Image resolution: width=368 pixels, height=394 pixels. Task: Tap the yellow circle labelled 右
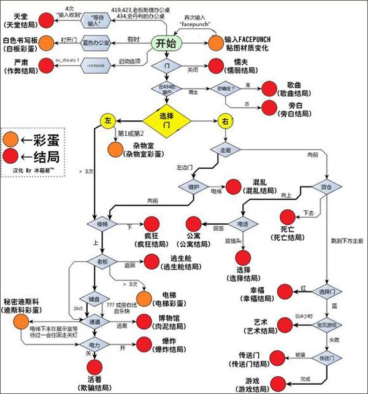(224, 121)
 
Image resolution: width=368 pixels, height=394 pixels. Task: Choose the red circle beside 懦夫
(217, 66)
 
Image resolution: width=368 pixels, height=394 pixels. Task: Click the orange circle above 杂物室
(115, 149)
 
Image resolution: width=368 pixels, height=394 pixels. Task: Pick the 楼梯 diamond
(102, 225)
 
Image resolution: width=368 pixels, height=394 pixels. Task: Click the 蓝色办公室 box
(94, 42)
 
